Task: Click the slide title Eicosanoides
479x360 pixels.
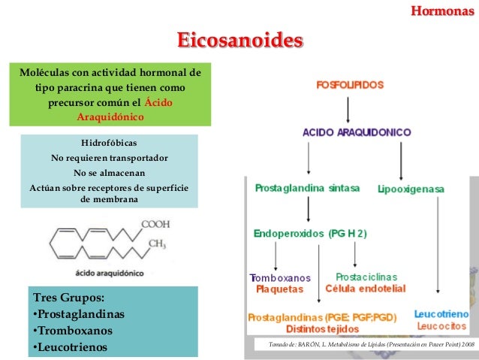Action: [x=239, y=40]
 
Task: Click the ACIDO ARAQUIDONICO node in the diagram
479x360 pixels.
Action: [x=357, y=132]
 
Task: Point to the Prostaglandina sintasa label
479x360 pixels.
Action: [x=307, y=186]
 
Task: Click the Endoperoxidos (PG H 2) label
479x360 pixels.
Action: [x=310, y=234]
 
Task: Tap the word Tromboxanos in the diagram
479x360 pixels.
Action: [x=279, y=277]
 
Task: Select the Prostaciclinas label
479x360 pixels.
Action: [x=366, y=277]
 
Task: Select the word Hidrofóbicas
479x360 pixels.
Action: [x=109, y=143]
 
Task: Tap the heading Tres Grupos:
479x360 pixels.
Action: [x=65, y=296]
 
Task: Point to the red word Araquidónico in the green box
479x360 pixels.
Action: [x=110, y=117]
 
